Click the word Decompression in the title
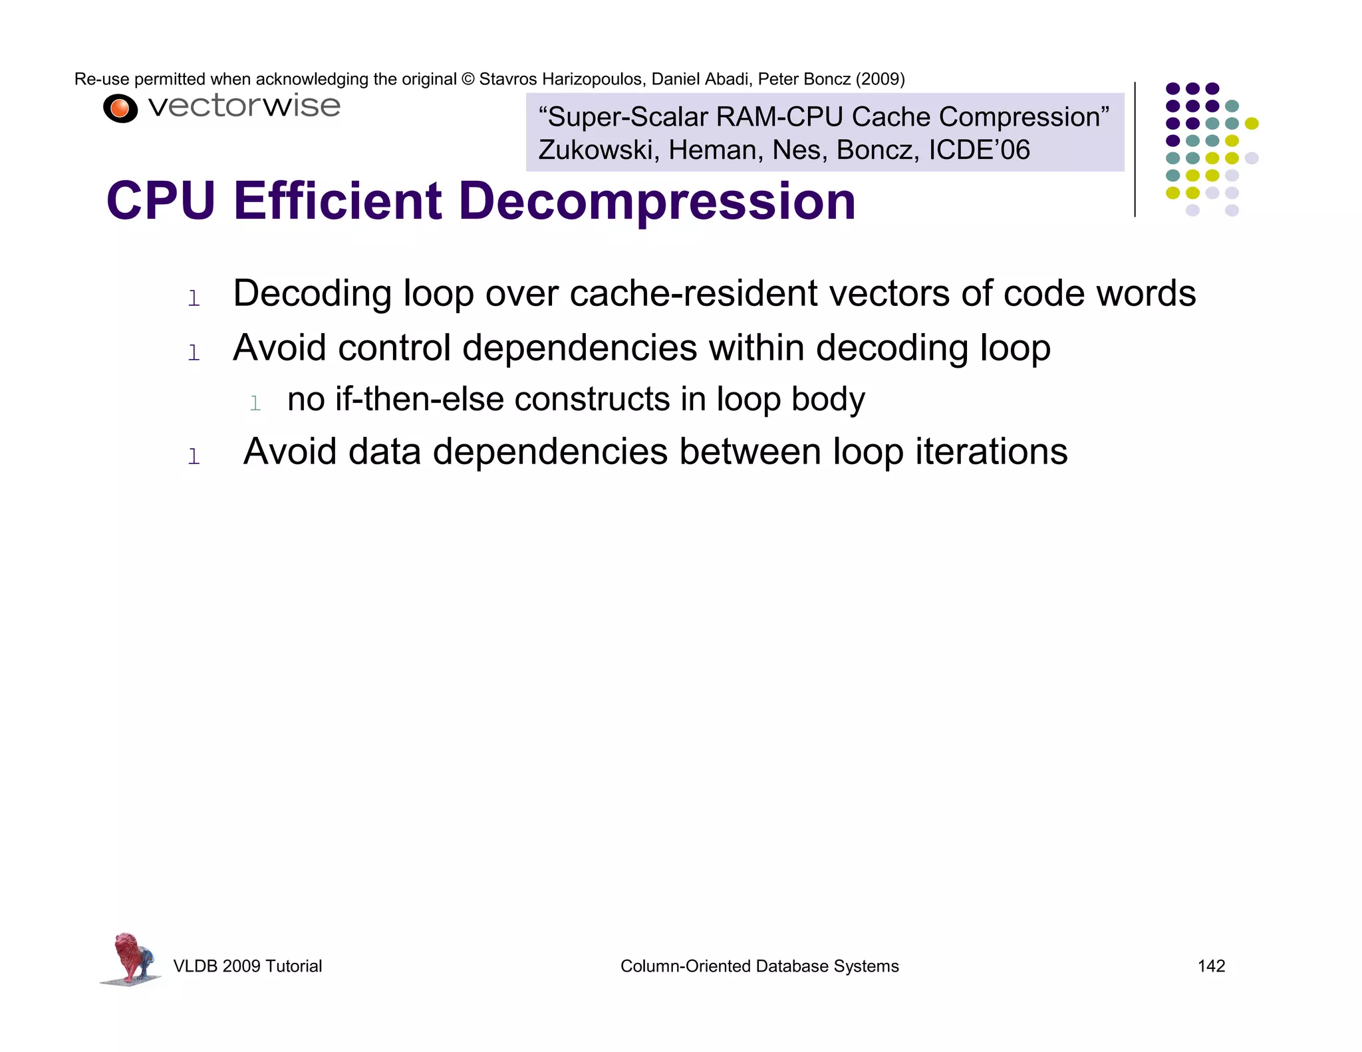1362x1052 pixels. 657,201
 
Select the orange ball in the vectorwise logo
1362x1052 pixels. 120,108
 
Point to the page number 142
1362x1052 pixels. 1211,966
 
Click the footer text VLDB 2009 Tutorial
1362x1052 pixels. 247,966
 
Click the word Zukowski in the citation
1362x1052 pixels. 599,150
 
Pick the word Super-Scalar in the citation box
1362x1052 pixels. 627,117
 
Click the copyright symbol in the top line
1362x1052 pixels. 468,79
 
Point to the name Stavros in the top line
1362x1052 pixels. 507,79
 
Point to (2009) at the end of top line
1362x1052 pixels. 880,79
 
